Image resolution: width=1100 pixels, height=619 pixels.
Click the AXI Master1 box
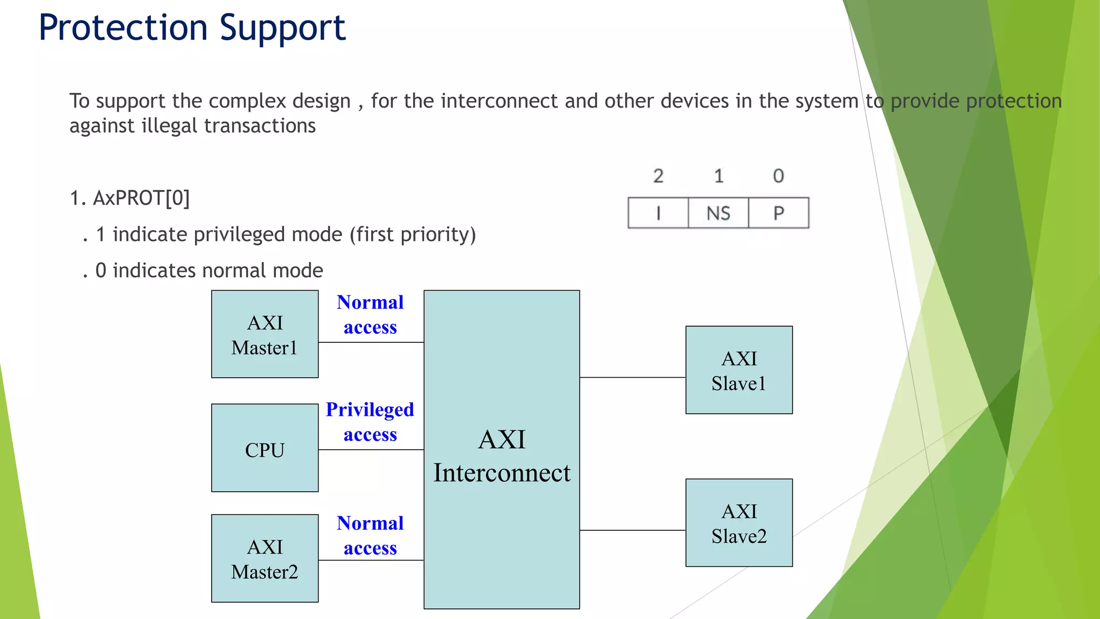point(265,334)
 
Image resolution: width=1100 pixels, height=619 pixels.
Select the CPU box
point(265,448)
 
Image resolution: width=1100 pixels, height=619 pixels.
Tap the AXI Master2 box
point(265,559)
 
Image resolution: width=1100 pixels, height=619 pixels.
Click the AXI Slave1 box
point(739,370)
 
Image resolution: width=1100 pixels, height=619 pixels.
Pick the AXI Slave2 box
point(739,523)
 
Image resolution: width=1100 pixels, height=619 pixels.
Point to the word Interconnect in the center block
point(502,473)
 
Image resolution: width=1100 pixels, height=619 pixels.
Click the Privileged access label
point(370,422)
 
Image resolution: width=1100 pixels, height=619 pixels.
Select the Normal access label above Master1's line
point(370,315)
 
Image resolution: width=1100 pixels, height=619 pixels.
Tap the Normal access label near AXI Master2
point(370,536)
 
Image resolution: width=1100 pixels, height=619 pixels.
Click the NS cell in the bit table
point(718,213)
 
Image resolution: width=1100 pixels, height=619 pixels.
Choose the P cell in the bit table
point(778,213)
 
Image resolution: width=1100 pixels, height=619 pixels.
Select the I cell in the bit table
point(658,213)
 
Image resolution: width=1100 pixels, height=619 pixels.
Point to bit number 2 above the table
point(658,176)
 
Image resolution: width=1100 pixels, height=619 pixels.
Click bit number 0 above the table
point(778,176)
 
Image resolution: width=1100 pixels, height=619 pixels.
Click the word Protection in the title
point(123,28)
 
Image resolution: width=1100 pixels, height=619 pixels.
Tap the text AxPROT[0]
point(141,198)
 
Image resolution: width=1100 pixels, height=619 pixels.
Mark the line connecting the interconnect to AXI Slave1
point(632,377)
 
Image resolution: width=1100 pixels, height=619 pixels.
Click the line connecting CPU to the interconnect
point(371,450)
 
